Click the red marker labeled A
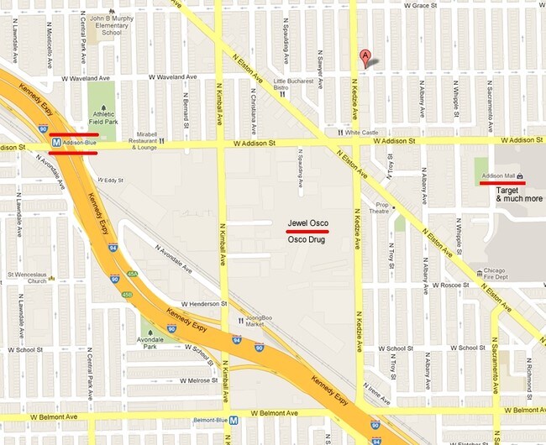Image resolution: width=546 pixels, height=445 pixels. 365,57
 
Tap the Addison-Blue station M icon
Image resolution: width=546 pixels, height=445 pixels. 55,143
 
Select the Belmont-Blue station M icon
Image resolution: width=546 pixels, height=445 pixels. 234,421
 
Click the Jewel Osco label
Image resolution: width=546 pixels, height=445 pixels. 307,222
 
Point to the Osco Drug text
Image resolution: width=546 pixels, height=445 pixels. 306,239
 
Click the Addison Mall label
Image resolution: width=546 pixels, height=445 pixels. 499,175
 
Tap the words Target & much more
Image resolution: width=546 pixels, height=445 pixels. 518,195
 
